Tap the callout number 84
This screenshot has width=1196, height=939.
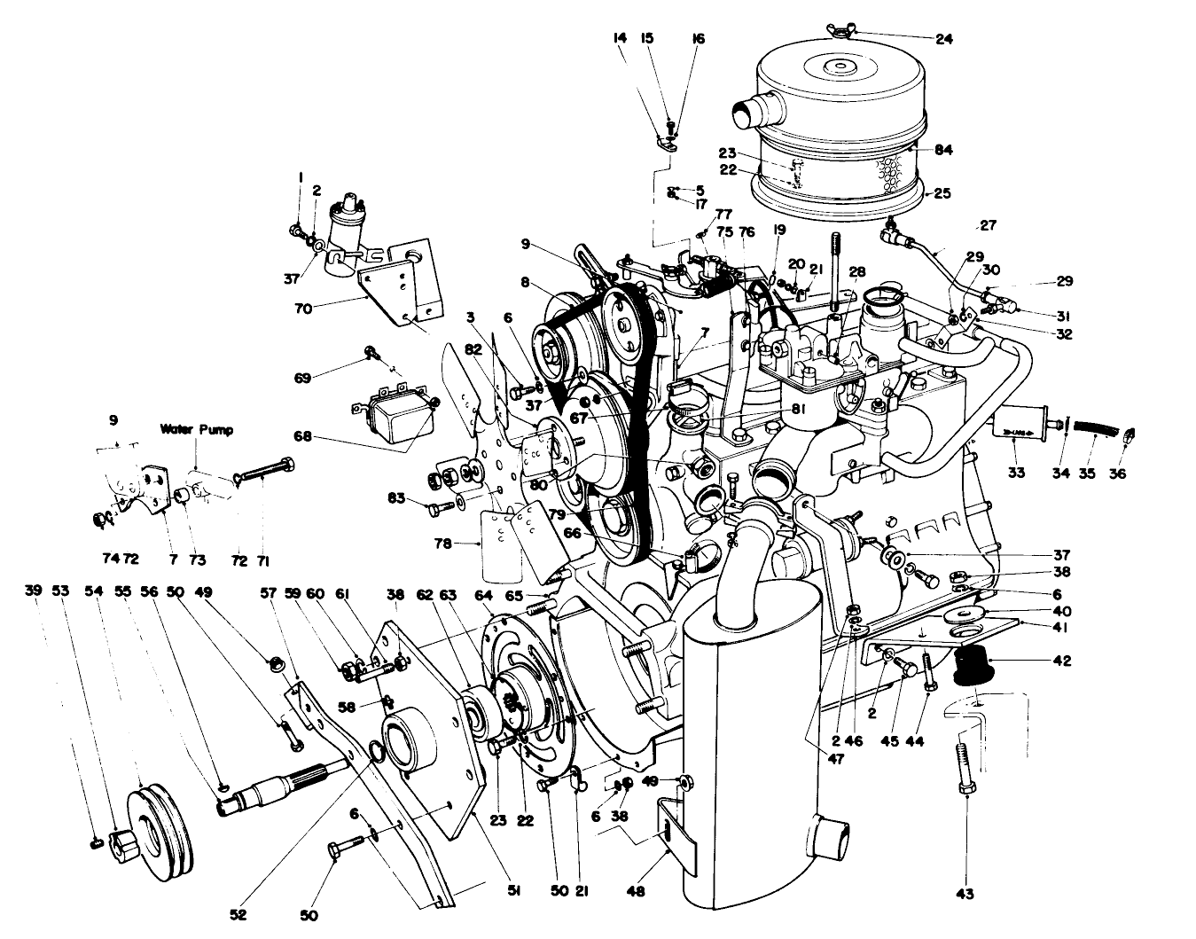point(942,150)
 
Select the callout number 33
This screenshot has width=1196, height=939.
point(1015,473)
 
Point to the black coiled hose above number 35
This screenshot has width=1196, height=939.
point(1094,428)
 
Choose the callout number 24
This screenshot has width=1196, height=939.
point(943,39)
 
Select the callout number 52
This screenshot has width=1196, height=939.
point(238,913)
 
